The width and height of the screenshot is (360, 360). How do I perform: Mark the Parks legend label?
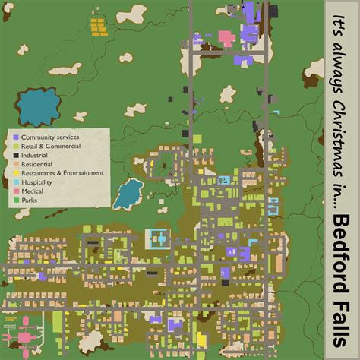click(30, 201)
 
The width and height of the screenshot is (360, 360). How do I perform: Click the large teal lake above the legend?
click(36, 107)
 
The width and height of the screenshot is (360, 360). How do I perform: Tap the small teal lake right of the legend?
click(128, 195)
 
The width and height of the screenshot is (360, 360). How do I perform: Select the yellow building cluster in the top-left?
click(99, 27)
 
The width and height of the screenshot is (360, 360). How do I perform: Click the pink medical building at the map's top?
click(226, 36)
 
